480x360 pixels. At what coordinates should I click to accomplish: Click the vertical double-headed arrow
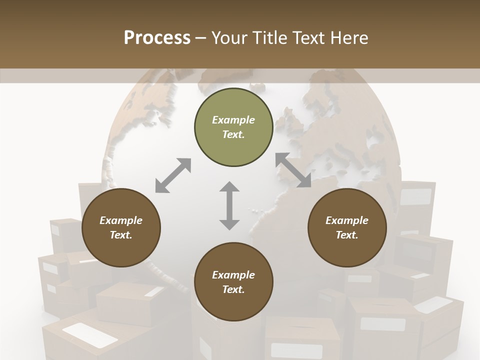tap(229, 205)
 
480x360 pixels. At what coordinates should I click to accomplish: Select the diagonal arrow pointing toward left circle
tap(173, 175)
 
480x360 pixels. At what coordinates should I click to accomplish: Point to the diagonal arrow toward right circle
tap(293, 170)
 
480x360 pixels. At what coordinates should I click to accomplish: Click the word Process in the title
tap(157, 37)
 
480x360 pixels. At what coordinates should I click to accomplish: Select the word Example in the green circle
tap(233, 120)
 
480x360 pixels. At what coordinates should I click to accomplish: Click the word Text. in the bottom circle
tap(233, 289)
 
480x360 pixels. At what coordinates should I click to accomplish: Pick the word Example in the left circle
tap(121, 220)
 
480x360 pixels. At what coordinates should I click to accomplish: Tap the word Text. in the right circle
tap(347, 235)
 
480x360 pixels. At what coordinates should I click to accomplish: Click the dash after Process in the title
tap(201, 38)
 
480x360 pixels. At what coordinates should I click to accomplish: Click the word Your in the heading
tap(229, 37)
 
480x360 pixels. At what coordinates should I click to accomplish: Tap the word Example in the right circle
tap(347, 220)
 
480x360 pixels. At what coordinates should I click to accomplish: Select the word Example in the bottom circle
tap(233, 275)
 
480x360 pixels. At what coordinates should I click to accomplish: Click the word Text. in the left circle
tap(121, 235)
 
